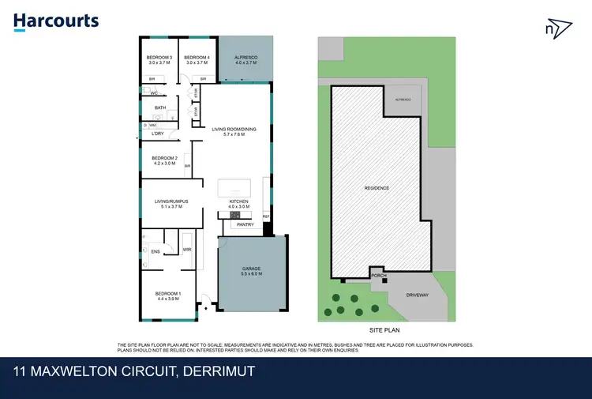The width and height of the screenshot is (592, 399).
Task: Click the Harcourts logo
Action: click(56, 21)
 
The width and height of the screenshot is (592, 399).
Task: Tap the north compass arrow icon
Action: click(557, 29)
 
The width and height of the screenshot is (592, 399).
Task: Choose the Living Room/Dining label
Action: click(234, 132)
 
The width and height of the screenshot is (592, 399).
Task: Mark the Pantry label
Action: click(245, 224)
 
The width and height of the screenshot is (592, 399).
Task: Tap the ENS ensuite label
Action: click(155, 253)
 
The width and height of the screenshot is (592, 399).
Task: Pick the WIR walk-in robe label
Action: click(187, 250)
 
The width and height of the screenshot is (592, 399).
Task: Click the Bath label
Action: click(160, 108)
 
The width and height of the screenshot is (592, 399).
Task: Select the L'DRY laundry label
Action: click(158, 134)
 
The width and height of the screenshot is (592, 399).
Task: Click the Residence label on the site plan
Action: click(377, 188)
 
